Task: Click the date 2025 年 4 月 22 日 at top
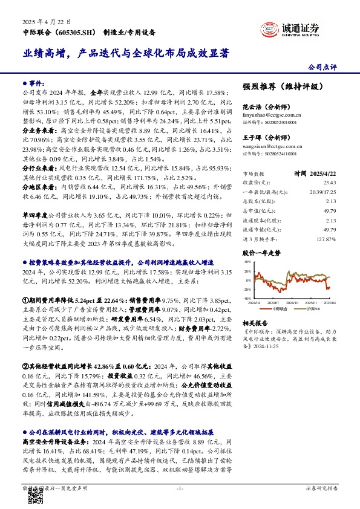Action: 44,21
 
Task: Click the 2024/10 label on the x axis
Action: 293,302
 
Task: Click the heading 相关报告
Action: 255,323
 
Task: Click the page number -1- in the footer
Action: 179,488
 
